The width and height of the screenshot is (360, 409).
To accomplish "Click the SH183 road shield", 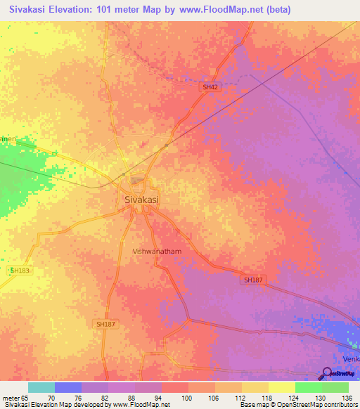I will point(21,270).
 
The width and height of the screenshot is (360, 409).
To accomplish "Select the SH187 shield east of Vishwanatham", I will point(253,280).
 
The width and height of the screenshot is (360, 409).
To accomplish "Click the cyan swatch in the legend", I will point(41,387).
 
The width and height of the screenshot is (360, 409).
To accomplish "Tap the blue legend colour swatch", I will point(68,387).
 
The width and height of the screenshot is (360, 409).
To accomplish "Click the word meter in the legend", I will point(11,398).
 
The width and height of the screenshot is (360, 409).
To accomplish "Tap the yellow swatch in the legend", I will point(282,387).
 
